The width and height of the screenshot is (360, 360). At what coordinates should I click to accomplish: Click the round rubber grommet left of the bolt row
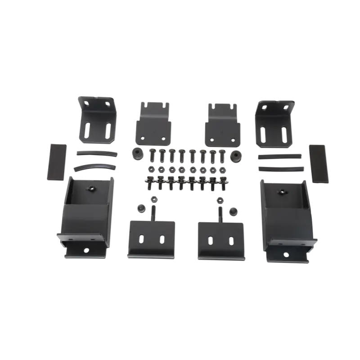pyautogui.click(x=135, y=153)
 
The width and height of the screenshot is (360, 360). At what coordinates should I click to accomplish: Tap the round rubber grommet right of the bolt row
pyautogui.click(x=234, y=154)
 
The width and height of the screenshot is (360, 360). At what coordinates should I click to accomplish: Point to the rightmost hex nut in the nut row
pyautogui.click(x=222, y=170)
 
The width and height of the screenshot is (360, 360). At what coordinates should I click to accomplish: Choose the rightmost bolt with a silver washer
pyautogui.click(x=222, y=183)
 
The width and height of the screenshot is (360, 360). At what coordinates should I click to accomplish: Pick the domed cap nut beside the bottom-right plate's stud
pyautogui.click(x=233, y=210)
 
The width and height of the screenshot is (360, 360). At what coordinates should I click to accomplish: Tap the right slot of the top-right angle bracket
pyautogui.click(x=283, y=133)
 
